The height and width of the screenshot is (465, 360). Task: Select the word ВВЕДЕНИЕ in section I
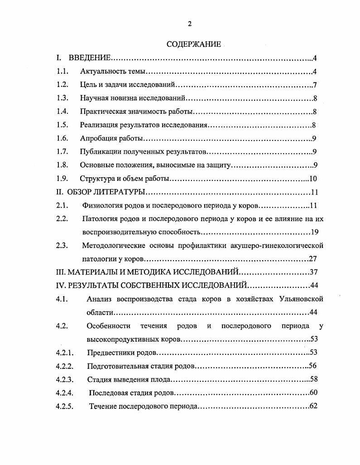[90, 58]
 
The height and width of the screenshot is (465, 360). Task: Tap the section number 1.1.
[62, 72]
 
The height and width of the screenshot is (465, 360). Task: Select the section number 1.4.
[62, 112]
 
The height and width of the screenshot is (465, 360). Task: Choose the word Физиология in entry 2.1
[101, 206]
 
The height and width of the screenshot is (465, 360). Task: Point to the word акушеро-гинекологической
[283, 246]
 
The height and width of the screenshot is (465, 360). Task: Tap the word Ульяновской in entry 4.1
[298, 299]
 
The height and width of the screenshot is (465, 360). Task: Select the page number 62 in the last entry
[313, 407]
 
